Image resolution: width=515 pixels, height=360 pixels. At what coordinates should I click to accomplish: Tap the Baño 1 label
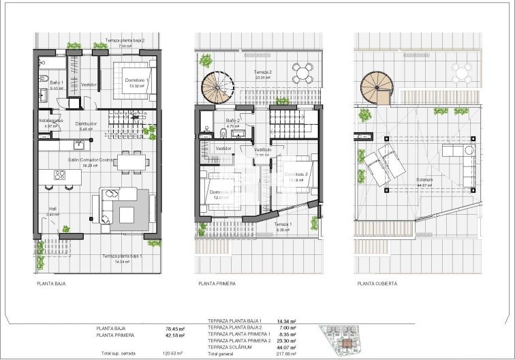click(x=57, y=83)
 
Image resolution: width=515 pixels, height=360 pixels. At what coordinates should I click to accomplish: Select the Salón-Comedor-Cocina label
click(x=88, y=160)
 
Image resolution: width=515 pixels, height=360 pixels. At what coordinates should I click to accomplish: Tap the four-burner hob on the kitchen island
click(x=59, y=175)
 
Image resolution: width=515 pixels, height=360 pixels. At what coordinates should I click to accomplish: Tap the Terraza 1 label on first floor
click(x=283, y=224)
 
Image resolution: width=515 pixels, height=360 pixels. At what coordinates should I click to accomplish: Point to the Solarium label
click(x=424, y=180)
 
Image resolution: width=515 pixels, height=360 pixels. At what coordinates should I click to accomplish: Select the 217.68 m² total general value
click(x=291, y=355)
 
